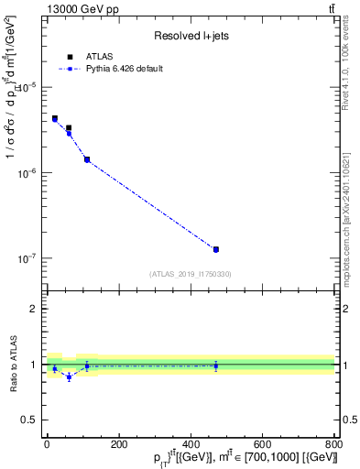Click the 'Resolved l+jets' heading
tap(191, 36)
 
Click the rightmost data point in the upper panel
tap(215, 249)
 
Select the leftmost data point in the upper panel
tap(54, 119)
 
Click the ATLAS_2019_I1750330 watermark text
tap(191, 274)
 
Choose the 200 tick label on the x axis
tap(118, 444)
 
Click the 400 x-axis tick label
tap(191, 444)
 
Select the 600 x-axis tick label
tap(262, 444)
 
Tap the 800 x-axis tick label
tap(333, 444)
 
